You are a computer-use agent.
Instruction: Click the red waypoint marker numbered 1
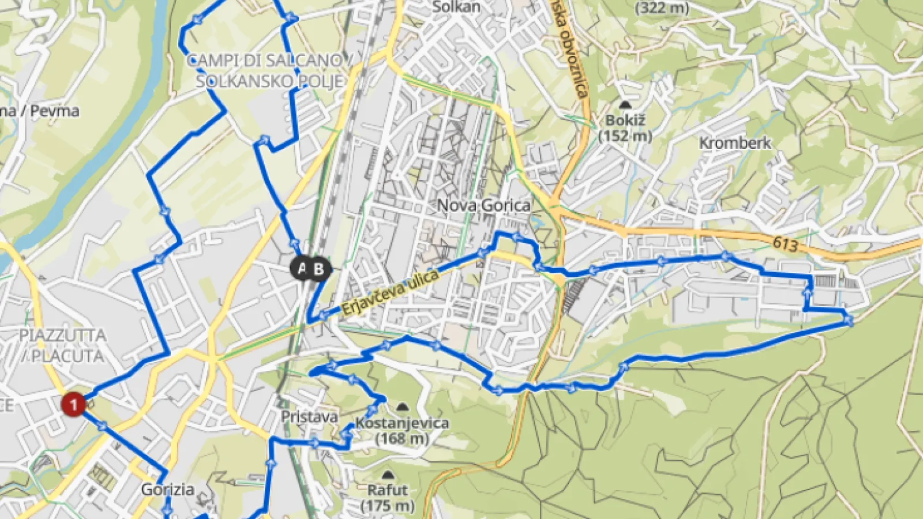[73, 404]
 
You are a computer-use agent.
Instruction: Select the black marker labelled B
[319, 269]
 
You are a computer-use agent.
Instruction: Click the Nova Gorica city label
[483, 205]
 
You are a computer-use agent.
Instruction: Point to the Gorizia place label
[167, 490]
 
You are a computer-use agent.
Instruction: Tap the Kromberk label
[735, 143]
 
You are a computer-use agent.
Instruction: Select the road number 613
[785, 244]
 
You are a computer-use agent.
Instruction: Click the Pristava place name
[309, 416]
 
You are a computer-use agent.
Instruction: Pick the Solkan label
[456, 7]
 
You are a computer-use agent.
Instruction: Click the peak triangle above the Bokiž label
[625, 105]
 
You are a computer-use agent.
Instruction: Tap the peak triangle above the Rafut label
[388, 475]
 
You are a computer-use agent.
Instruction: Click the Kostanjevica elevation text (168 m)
[402, 439]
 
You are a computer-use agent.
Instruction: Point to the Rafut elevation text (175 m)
[388, 506]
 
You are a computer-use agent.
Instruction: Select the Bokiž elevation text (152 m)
[625, 136]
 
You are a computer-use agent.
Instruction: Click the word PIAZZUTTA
[63, 335]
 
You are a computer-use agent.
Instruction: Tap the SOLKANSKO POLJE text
[269, 81]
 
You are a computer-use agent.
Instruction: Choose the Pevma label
[55, 111]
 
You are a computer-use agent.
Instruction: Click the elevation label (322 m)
[662, 7]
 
